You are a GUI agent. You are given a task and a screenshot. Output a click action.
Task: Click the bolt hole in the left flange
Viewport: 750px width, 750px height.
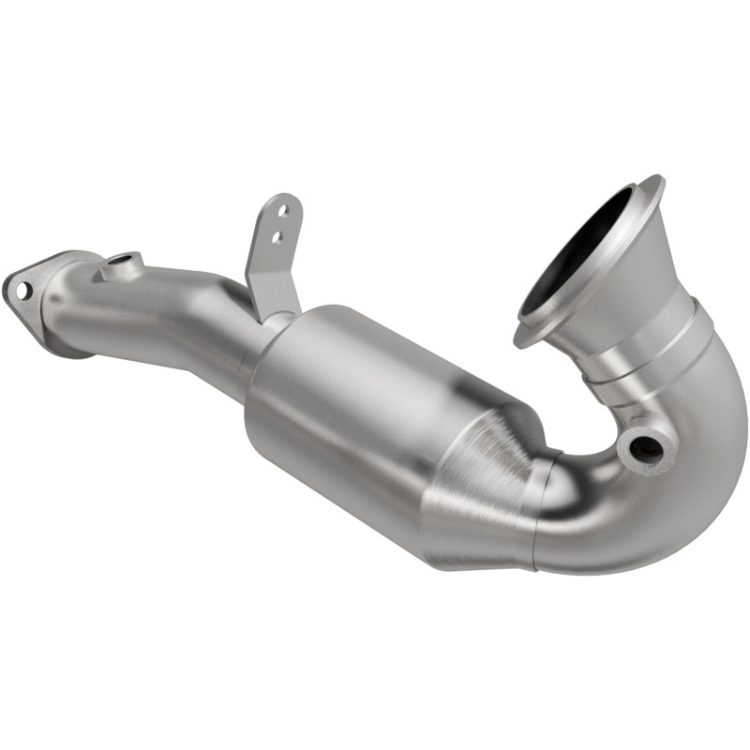coord(21,290)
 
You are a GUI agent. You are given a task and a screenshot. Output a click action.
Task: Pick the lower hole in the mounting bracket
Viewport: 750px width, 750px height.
coord(277,237)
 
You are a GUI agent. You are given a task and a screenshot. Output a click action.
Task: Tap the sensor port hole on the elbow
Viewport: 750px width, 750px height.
coord(645,447)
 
